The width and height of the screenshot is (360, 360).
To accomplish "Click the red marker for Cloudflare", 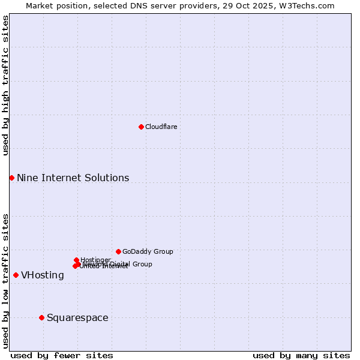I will click(141, 127).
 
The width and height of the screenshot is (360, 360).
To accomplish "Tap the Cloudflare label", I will click(161, 127).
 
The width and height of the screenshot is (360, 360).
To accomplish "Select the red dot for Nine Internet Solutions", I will click(11, 178).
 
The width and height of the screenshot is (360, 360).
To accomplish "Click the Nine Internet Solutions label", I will click(73, 178).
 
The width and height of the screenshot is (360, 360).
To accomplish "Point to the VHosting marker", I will click(16, 275).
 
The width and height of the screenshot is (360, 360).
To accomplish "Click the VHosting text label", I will click(43, 275).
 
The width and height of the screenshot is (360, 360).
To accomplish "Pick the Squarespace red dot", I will click(41, 317).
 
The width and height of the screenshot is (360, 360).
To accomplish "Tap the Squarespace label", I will click(77, 317).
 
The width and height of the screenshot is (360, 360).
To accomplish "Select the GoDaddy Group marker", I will click(118, 251).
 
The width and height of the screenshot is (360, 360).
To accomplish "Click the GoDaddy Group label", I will click(148, 251).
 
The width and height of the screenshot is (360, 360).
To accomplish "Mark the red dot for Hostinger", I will click(76, 260).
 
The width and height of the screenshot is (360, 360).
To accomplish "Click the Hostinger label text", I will click(95, 260).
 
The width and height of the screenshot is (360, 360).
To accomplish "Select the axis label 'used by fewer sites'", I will click(62, 355).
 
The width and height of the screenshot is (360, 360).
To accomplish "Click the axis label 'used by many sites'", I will click(301, 355).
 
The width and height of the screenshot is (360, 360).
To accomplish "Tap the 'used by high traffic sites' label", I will click(5, 85).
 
